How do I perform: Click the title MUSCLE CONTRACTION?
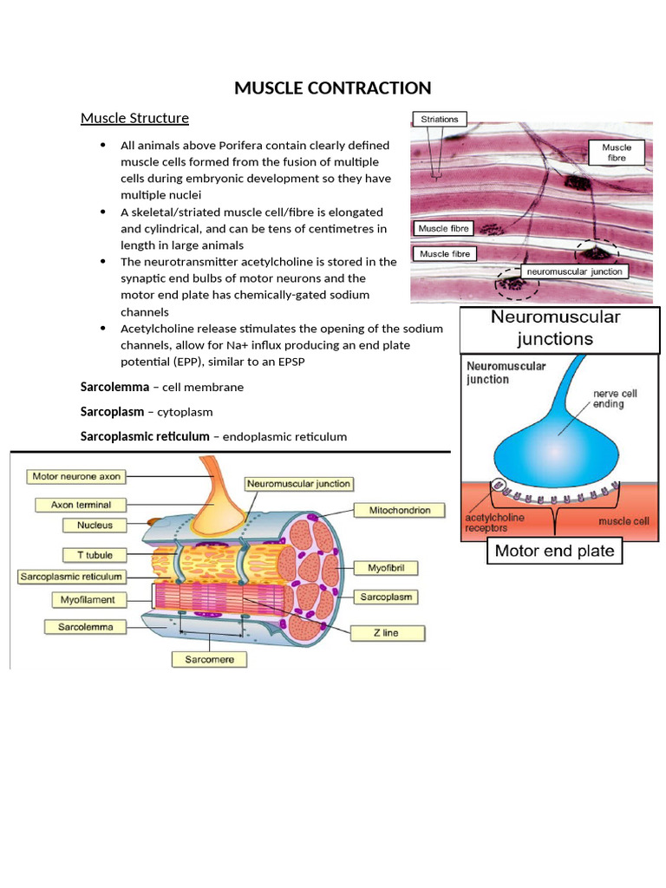(x=333, y=88)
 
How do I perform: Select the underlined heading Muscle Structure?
(x=134, y=118)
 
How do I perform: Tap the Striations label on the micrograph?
(x=440, y=119)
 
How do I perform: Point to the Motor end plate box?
(x=554, y=551)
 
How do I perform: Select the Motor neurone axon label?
(x=75, y=477)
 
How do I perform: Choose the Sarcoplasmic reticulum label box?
(x=71, y=576)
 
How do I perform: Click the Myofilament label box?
(x=88, y=599)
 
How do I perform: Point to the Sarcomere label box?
(x=215, y=660)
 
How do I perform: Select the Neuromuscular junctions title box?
(x=555, y=328)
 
